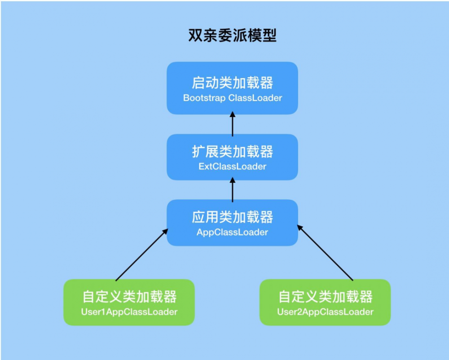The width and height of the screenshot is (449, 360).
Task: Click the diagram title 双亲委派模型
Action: click(x=233, y=35)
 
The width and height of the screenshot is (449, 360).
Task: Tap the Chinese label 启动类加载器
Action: click(x=232, y=83)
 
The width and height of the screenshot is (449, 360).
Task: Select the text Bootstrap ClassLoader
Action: click(x=233, y=98)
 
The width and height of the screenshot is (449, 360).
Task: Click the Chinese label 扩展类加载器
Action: click(x=232, y=152)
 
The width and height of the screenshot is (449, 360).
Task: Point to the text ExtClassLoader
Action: click(x=232, y=167)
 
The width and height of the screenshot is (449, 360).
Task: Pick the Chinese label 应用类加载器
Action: click(x=232, y=218)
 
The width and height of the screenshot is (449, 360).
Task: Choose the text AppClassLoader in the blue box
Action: click(x=232, y=233)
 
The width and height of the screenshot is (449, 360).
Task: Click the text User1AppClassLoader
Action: click(x=129, y=312)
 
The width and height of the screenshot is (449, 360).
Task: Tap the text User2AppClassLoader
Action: click(x=325, y=312)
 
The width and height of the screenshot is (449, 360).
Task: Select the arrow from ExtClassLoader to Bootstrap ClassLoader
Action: click(x=232, y=124)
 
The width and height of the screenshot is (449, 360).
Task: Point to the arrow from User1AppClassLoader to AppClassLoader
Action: click(x=141, y=255)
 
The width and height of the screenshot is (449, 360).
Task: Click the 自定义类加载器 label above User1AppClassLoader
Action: click(x=129, y=297)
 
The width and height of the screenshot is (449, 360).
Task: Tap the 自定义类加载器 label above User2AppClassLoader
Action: click(x=325, y=297)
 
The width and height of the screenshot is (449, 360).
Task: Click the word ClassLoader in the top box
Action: click(x=255, y=98)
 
